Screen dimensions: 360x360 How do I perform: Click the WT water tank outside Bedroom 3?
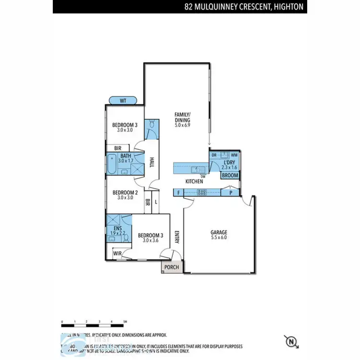(x=123, y=101)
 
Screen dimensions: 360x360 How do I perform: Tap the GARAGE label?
(x=218, y=232)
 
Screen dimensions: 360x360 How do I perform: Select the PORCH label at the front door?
(x=171, y=267)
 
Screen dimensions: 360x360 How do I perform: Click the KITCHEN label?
(x=194, y=181)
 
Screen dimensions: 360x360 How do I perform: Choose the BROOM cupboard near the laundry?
(x=230, y=176)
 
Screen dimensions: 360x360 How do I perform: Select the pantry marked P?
(x=231, y=193)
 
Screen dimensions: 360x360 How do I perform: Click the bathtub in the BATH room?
(x=111, y=165)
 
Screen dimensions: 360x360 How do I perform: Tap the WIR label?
(x=117, y=253)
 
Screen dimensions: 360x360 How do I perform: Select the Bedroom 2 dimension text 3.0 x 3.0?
(x=125, y=198)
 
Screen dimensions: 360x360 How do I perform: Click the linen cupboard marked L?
(x=156, y=202)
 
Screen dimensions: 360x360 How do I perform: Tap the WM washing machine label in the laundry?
(x=234, y=155)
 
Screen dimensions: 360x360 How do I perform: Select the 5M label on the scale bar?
(x=125, y=322)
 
